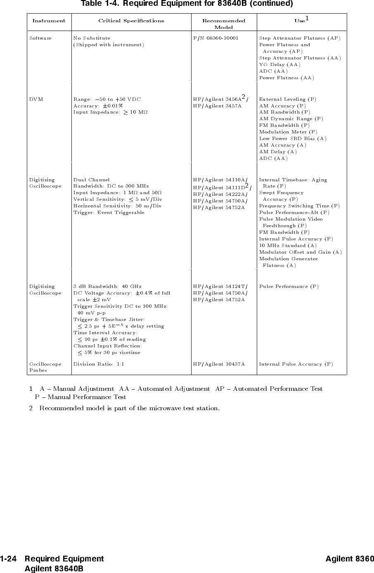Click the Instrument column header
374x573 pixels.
click(x=49, y=21)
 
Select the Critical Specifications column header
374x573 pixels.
click(x=131, y=21)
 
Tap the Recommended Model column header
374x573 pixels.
click(x=223, y=24)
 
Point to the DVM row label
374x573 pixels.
click(x=36, y=99)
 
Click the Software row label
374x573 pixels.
click(x=40, y=38)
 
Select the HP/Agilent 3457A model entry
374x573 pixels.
click(x=217, y=106)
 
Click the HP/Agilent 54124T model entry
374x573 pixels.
click(x=220, y=286)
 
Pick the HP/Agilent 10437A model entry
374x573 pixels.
click(x=219, y=364)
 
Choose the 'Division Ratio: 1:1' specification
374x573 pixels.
click(x=99, y=364)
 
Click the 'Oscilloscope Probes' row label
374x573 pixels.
click(x=45, y=367)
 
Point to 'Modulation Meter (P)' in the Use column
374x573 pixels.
click(x=288, y=132)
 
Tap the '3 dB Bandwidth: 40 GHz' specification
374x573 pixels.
click(x=107, y=286)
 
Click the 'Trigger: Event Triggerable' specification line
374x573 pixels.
click(x=109, y=212)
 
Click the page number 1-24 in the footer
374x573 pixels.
click(x=8, y=559)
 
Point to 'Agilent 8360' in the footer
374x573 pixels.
click(x=349, y=559)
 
